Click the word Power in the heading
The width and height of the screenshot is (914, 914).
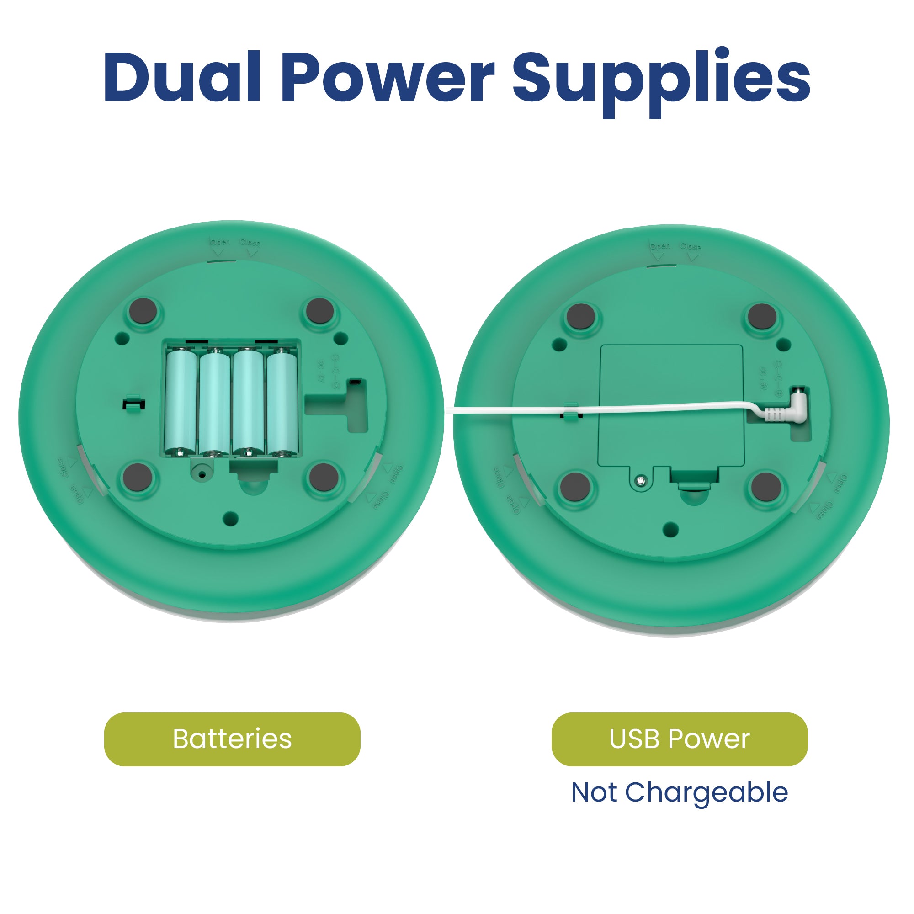coord(388,77)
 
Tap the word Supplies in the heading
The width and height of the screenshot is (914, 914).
coord(661,80)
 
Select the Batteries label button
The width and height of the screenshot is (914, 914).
coord(232,739)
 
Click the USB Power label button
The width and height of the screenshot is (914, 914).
coord(680,739)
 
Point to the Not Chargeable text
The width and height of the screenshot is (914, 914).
coord(680,792)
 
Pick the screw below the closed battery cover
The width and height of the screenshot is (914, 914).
coord(640,481)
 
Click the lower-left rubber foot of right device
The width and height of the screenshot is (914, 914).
coord(575,486)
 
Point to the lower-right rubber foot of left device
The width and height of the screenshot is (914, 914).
coord(324,476)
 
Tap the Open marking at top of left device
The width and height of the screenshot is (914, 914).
coord(220,242)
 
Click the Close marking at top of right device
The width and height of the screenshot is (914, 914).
coord(691,246)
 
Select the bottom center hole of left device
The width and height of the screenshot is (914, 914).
coord(230,519)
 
